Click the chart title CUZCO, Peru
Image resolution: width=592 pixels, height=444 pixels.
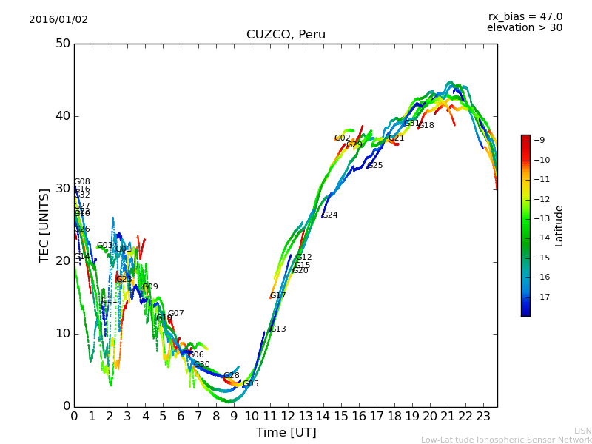click(286, 35)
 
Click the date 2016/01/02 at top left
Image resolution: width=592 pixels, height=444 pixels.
click(58, 20)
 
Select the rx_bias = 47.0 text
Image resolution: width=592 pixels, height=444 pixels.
click(525, 17)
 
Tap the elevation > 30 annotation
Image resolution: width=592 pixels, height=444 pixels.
click(524, 28)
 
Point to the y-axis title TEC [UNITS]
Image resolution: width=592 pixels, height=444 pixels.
click(44, 225)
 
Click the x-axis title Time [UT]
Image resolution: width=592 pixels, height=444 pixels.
click(286, 433)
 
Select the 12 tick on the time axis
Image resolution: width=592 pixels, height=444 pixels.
click(287, 417)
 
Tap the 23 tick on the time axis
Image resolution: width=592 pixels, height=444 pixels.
click(482, 417)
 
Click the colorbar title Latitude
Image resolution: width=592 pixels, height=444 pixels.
click(559, 226)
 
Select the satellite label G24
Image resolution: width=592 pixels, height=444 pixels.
click(329, 215)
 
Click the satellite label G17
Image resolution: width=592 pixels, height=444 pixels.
click(277, 296)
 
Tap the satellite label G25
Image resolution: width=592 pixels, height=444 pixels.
click(375, 166)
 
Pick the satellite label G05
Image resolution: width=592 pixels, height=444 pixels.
click(251, 384)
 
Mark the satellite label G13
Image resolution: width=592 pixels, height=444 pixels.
click(277, 329)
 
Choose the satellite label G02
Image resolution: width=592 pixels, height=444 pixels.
click(342, 138)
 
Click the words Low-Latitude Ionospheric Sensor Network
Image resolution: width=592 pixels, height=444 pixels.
click(506, 440)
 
